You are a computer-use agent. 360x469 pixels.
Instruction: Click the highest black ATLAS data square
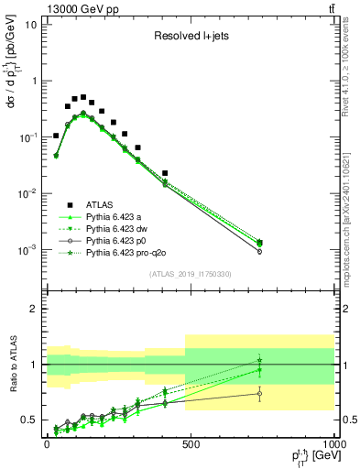tap(83, 97)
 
